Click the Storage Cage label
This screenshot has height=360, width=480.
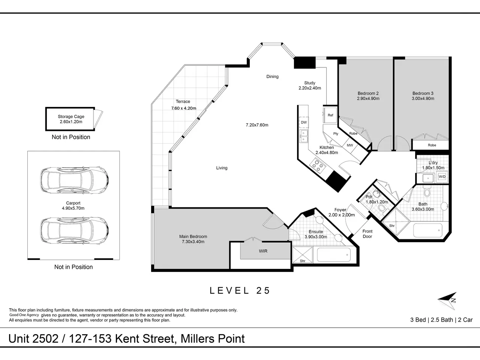(x=71, y=117)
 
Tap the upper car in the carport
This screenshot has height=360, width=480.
(x=74, y=180)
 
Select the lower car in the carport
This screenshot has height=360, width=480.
(x=74, y=230)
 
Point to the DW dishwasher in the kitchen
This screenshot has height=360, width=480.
(x=304, y=122)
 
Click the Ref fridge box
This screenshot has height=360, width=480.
(x=330, y=115)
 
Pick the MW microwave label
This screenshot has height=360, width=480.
(x=350, y=145)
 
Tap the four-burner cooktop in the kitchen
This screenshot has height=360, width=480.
(x=318, y=165)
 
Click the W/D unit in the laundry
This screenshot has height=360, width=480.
(x=442, y=177)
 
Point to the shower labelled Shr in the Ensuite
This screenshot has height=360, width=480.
(x=303, y=255)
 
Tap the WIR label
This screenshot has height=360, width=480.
(x=263, y=251)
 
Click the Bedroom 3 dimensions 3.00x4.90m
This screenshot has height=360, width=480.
(x=423, y=99)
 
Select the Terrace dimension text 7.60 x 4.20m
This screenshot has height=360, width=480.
(x=184, y=108)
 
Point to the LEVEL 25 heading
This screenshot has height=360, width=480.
(x=240, y=291)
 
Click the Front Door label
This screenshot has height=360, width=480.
(x=367, y=234)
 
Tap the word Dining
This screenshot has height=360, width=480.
(x=272, y=76)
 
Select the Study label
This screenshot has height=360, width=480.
(x=310, y=83)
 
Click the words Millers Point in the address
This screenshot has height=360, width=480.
(x=213, y=339)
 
